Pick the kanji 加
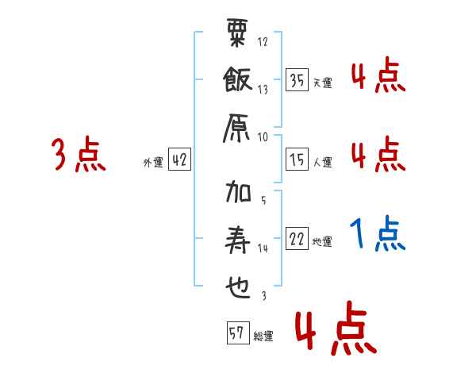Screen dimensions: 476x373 pyautogui.click(x=238, y=192)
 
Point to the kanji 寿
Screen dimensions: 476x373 pyautogui.click(x=238, y=239)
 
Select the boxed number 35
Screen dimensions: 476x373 pyautogui.click(x=297, y=80)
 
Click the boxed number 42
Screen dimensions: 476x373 pyautogui.click(x=179, y=160)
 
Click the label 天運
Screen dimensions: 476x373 pyautogui.click(x=322, y=83)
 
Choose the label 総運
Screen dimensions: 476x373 pyautogui.click(x=263, y=336)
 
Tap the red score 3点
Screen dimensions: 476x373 pyautogui.click(x=78, y=155)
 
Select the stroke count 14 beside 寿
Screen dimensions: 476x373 pyautogui.click(x=263, y=248)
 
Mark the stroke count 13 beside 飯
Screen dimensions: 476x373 pyautogui.click(x=263, y=89)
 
